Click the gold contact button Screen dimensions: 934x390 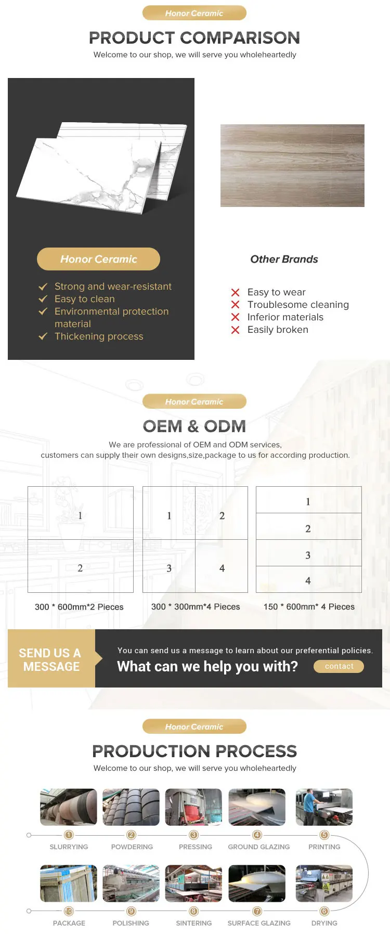tap(339, 666)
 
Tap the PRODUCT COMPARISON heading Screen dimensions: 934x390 tap(194, 37)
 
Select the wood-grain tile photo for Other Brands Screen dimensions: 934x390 tap(292, 165)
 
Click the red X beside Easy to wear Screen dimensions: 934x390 tap(235, 292)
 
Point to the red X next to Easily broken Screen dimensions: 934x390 tap(235, 330)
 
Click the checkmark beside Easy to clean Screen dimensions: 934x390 tap(43, 299)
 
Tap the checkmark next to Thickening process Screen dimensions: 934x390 tap(43, 336)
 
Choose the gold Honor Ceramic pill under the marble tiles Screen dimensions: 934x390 tap(98, 259)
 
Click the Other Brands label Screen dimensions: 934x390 tap(284, 259)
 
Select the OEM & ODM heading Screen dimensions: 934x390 tap(194, 426)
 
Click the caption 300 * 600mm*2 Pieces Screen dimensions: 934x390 tap(79, 607)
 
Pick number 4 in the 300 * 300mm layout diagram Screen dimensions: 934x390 tap(222, 568)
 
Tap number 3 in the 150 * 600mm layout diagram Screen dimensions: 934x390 tap(308, 555)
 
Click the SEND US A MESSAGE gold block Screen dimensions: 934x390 tap(51, 659)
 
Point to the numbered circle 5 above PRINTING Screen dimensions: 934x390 tap(324, 835)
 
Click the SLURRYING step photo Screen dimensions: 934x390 tap(69, 807)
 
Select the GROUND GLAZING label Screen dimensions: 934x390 tap(259, 847)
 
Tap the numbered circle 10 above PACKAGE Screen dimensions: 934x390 tap(69, 911)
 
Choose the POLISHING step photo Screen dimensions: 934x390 tap(131, 884)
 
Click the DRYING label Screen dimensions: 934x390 tap(324, 923)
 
